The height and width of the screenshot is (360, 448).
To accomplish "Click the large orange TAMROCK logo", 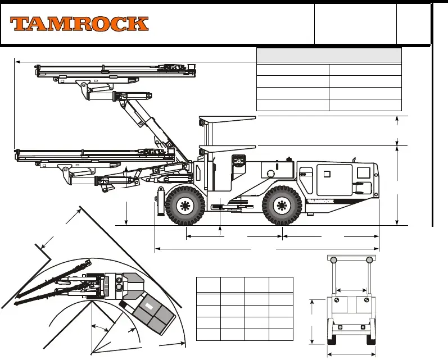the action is coord(79,24).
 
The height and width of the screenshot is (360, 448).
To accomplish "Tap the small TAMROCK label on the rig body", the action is coord(320,201).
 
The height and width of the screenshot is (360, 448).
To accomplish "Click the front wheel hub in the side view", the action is coord(185,205).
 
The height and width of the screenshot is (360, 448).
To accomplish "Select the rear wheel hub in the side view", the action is coord(282,205).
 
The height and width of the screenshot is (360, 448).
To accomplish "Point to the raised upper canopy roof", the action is coord(228,118).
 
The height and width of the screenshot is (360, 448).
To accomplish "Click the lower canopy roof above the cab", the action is coord(228,148).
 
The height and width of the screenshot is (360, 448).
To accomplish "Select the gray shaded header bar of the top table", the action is coord(329,55).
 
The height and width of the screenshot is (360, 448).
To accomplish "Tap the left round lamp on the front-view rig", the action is coord(333,260).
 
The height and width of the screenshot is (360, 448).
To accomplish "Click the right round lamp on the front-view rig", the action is coord(369,260).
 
